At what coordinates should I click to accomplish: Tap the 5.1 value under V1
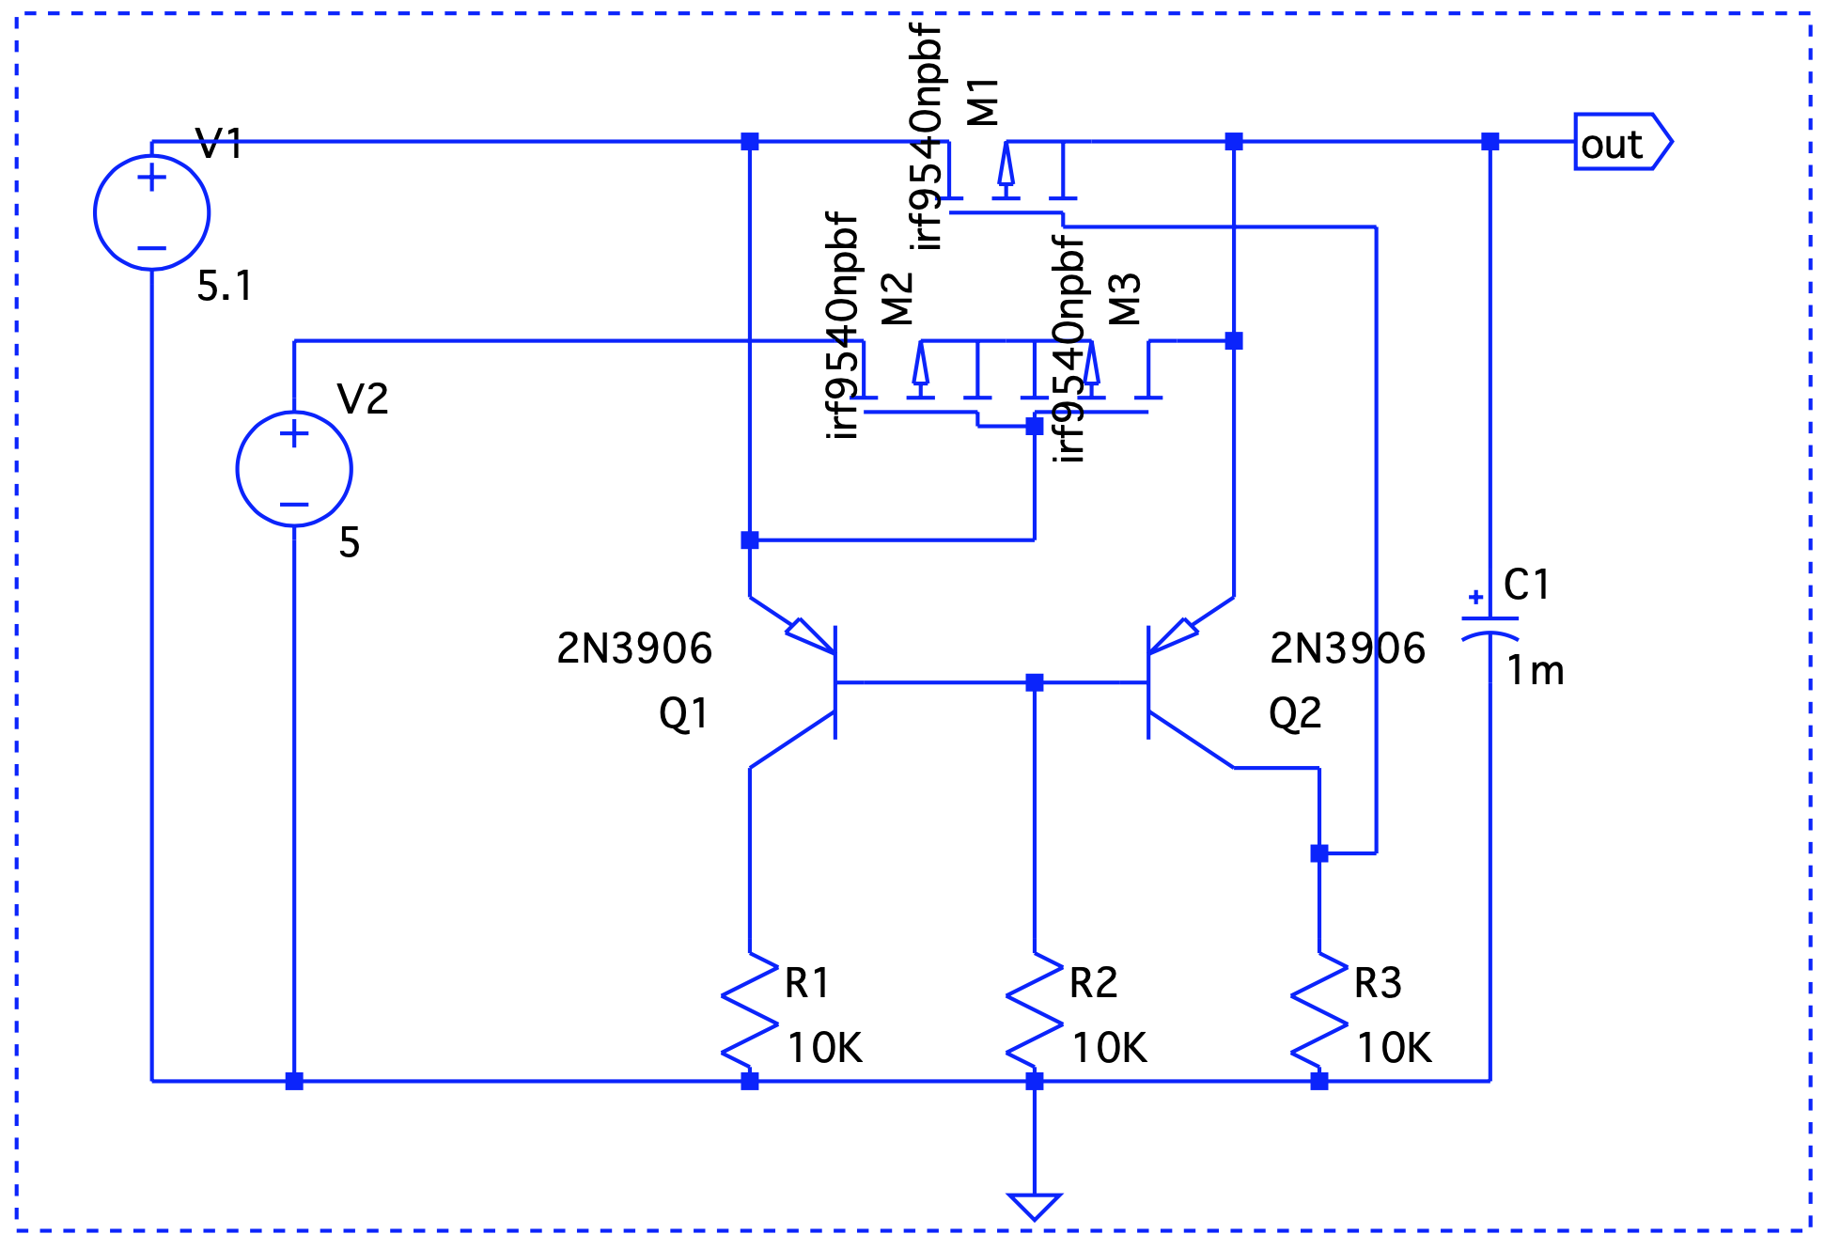(x=225, y=286)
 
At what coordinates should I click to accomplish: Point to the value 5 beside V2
(x=350, y=542)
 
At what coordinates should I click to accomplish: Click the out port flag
(x=1623, y=142)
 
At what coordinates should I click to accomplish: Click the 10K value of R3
(x=1395, y=1048)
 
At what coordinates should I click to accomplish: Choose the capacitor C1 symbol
(x=1490, y=630)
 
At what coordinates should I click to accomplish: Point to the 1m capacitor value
(x=1536, y=671)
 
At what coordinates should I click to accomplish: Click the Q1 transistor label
(x=683, y=714)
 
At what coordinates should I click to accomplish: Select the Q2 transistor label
(x=1295, y=714)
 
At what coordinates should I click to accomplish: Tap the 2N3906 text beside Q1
(x=634, y=648)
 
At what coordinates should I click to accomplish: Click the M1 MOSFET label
(x=983, y=102)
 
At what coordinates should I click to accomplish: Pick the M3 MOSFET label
(x=1125, y=299)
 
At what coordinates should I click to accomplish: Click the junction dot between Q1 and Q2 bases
(x=1035, y=682)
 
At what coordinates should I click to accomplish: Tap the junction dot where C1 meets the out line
(x=1490, y=142)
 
